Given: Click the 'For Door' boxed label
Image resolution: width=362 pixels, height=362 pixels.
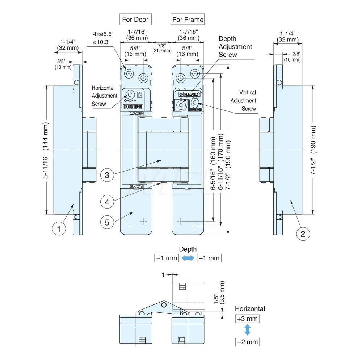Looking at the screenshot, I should [x=135, y=19].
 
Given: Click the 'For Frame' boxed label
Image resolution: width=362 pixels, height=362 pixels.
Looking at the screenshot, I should [x=188, y=19].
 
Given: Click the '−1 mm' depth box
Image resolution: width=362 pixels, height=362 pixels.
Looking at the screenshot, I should [x=166, y=258].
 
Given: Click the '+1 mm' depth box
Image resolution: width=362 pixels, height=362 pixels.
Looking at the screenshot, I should [x=209, y=258].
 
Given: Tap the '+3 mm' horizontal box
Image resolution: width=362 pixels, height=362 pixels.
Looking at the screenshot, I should [x=248, y=319].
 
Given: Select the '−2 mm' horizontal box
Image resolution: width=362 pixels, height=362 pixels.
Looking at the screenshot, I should [x=248, y=341].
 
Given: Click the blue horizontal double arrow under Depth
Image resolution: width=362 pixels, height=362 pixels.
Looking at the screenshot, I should [x=188, y=258].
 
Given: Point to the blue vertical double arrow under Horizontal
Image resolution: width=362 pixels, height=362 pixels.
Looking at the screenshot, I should [x=248, y=330].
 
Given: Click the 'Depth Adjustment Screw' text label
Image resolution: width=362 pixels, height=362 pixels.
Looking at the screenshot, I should [x=235, y=46].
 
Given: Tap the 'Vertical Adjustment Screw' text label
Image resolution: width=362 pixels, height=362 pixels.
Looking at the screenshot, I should [x=243, y=101].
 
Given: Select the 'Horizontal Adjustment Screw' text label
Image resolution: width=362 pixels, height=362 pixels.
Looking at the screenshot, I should [x=104, y=96].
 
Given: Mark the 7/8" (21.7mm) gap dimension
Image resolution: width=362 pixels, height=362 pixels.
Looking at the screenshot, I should [x=162, y=48].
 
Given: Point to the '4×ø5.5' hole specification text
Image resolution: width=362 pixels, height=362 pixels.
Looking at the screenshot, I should [x=102, y=34].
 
